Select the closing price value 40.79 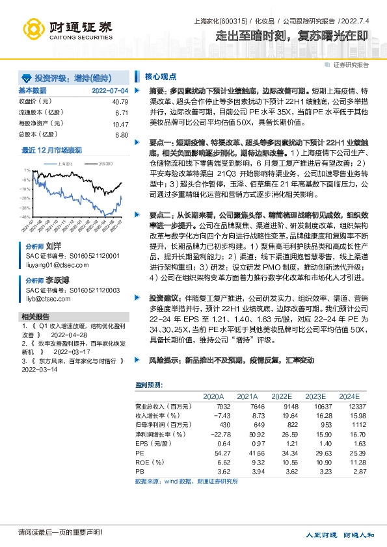click(120, 102)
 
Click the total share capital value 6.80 click(121, 134)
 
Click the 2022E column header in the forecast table click(282, 396)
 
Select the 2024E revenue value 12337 click(349, 406)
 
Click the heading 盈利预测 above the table click(148, 384)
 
